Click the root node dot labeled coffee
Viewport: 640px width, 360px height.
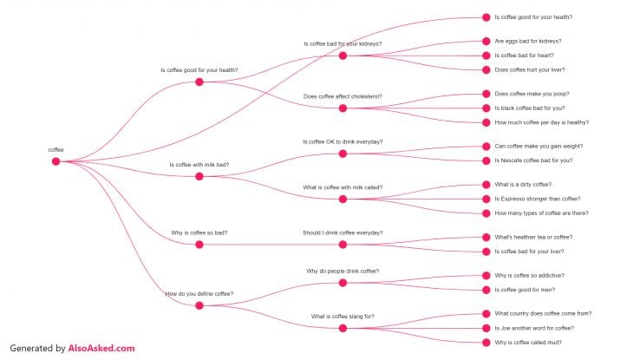(56, 161)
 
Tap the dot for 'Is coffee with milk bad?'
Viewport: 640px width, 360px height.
(199, 176)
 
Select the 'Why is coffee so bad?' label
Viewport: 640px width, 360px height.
(199, 232)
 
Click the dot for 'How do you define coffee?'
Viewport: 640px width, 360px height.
(199, 305)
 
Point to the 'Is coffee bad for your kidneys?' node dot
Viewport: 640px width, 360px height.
(343, 56)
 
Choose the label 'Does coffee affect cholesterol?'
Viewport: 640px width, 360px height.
(343, 96)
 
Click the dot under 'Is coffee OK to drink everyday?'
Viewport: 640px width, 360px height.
(343, 154)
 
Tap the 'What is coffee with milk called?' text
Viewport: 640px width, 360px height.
(343, 187)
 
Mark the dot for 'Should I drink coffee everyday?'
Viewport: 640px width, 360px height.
(343, 245)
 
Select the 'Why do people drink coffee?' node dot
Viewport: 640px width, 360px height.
(343, 283)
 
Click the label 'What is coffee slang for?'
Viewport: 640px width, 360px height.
(343, 317)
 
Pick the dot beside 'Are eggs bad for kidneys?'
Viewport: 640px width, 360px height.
(487, 42)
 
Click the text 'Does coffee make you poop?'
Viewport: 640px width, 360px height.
(532, 94)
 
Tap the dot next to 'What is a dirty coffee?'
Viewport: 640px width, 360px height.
(487, 185)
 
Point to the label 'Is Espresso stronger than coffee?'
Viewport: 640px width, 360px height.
(538, 199)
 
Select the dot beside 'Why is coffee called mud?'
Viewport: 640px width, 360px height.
(487, 343)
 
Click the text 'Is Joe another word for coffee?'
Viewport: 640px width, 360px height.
(534, 328)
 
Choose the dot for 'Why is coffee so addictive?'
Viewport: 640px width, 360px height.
(487, 276)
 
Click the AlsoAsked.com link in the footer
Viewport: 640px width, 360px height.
(101, 348)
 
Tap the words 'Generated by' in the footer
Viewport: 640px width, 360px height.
(37, 349)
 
